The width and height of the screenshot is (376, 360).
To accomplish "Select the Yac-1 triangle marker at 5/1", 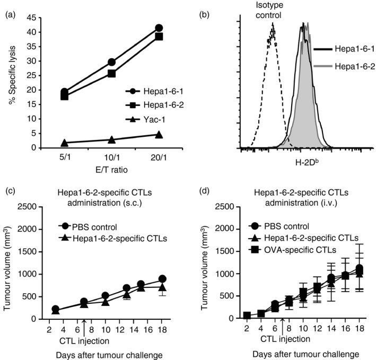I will pos(65,143).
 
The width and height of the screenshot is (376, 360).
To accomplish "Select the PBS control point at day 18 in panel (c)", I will pos(162,279).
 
